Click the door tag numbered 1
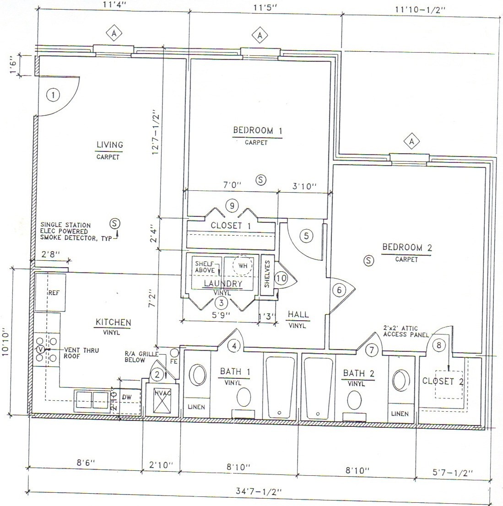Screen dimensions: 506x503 pos(54,95)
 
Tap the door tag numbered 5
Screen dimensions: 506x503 pos(306,236)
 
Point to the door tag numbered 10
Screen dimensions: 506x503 pos(281,278)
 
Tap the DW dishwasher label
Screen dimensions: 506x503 pos(127,398)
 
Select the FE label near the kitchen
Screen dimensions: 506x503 pos(174,361)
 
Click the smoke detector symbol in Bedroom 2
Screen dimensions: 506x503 pos(369,260)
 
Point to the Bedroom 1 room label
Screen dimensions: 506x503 pos(257,131)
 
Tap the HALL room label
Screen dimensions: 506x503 pos(297,315)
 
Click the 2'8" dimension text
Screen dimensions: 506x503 pos(50,254)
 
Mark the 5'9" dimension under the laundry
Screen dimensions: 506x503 pos(221,315)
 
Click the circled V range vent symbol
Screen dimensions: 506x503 pos(40,349)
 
